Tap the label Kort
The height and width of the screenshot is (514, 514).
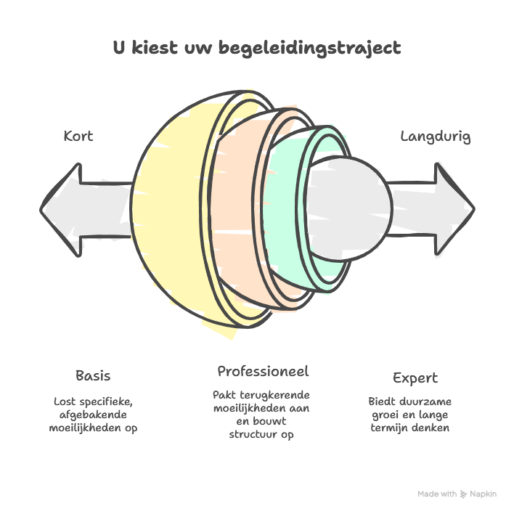pos(78,136)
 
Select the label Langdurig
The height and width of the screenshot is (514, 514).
pos(436,136)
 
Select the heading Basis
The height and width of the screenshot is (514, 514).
pos(93,375)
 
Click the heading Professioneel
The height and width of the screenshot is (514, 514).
pos(263,371)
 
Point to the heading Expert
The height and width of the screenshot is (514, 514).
pos(415,378)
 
